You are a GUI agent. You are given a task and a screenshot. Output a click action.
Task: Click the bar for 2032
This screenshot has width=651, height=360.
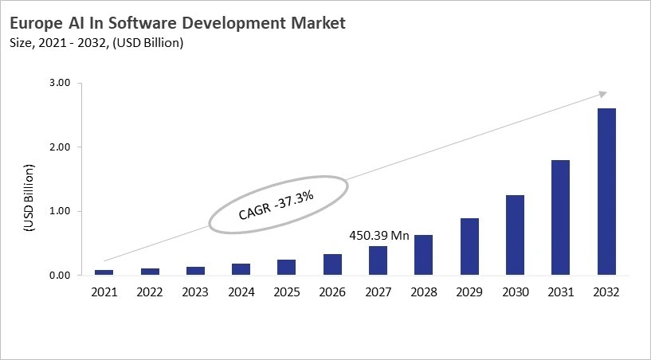606,192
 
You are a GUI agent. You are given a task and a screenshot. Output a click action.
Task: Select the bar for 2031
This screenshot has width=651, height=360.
560,217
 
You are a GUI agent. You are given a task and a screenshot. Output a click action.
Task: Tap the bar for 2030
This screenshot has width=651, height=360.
515,235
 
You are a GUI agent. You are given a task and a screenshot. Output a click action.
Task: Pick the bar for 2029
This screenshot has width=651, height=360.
469,247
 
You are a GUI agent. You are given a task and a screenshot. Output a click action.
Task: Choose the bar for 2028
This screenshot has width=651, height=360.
424,255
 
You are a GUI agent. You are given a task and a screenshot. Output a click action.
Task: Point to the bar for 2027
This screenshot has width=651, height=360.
378,260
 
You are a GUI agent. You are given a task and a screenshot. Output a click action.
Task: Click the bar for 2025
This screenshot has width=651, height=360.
287,268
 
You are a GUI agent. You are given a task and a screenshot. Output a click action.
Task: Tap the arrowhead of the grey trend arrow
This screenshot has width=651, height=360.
603,93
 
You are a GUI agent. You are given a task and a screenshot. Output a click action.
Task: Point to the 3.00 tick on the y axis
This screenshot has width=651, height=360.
61,83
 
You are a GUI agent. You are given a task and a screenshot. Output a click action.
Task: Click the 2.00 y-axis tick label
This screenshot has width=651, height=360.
61,147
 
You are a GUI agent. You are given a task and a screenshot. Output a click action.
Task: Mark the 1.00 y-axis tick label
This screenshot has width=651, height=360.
61,211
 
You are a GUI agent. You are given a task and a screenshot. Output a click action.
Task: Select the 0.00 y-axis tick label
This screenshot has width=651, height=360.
61,276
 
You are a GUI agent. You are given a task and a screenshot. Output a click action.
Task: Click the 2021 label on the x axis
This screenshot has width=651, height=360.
104,292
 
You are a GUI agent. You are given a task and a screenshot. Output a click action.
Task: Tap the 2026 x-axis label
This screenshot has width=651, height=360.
332,292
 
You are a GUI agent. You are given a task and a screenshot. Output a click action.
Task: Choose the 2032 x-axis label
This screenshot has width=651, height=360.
606,292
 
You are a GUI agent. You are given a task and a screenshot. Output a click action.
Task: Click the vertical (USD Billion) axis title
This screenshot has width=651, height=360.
29,197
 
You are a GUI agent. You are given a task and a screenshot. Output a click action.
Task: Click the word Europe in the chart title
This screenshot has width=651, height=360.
41,24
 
